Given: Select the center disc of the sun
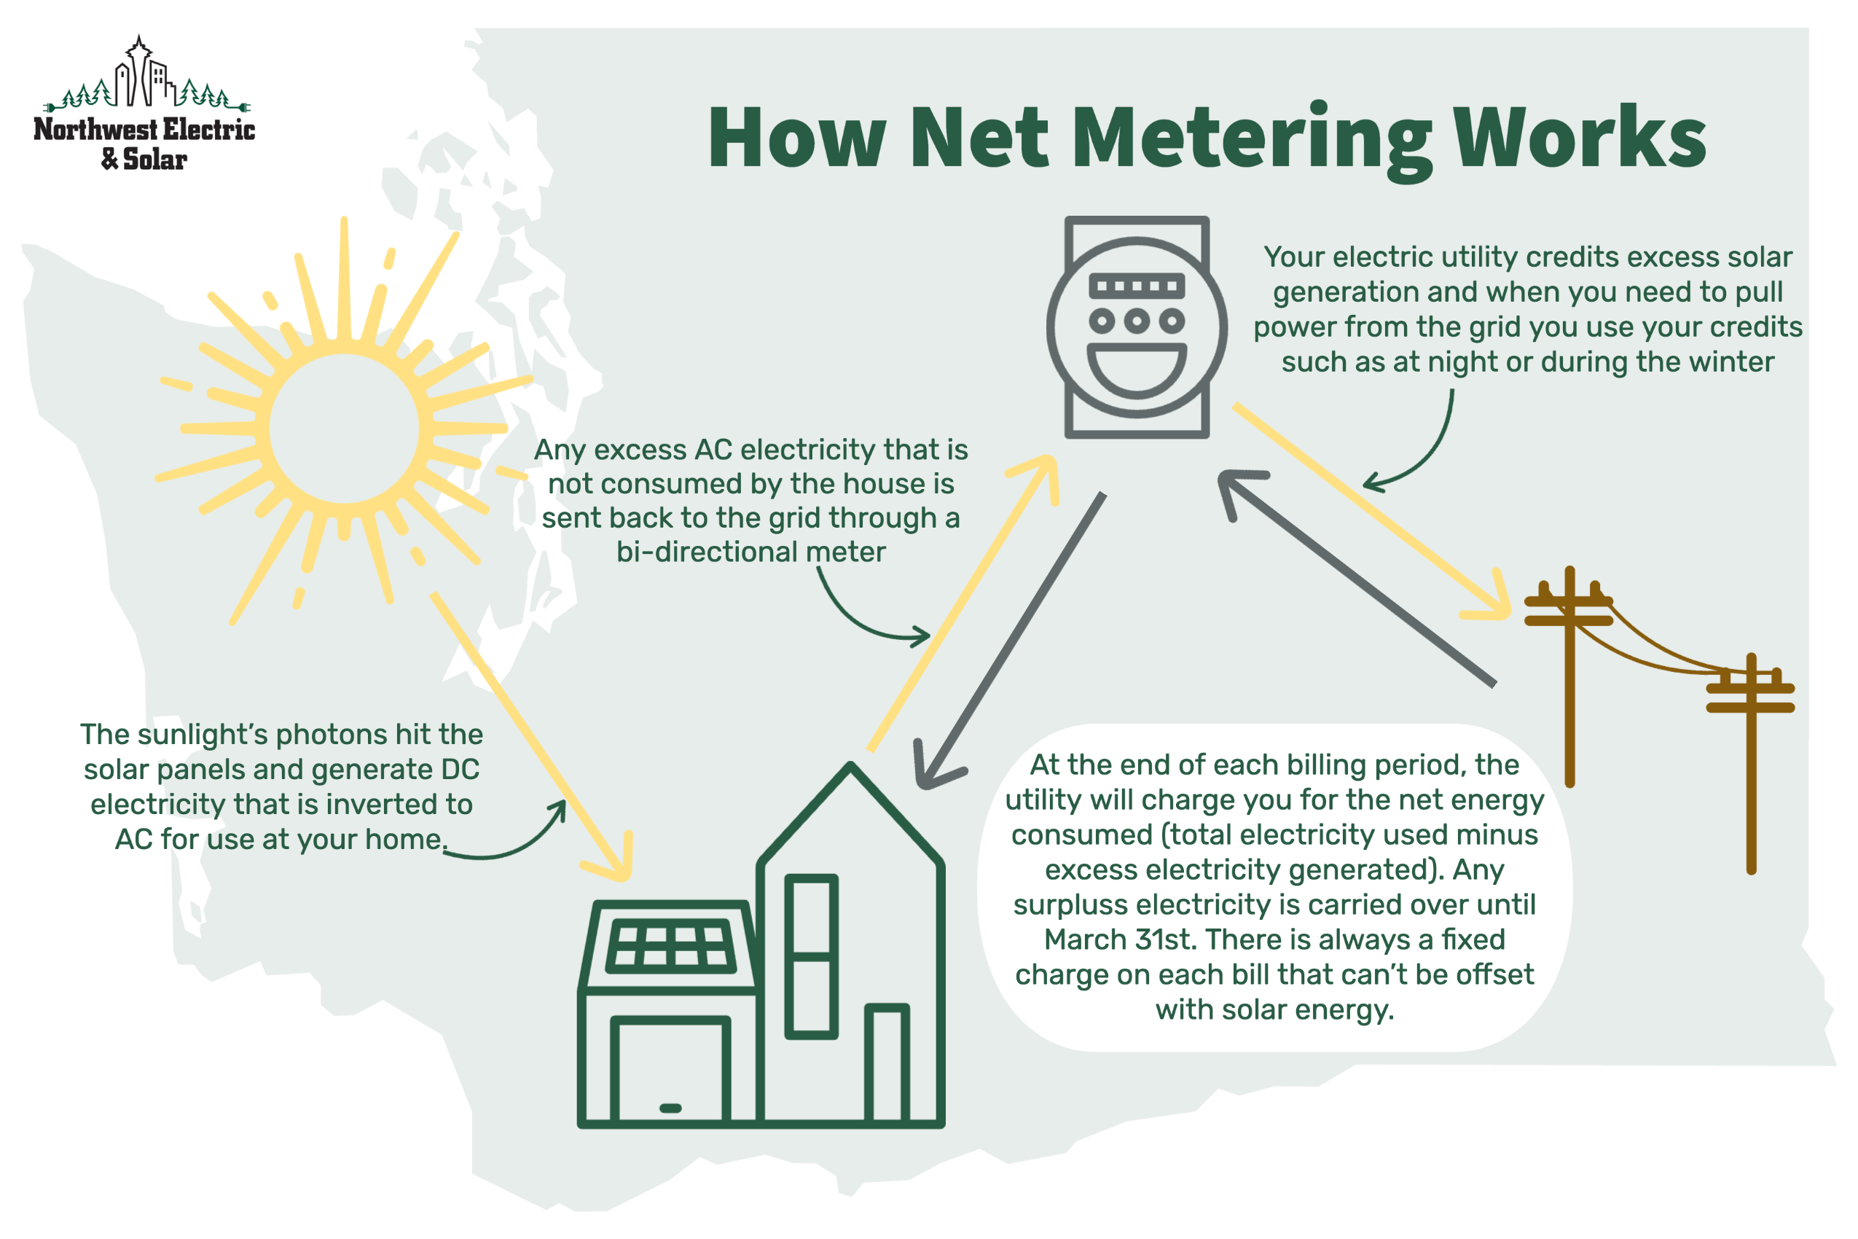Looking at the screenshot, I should coord(344,428).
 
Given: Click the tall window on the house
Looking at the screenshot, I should coord(810,956).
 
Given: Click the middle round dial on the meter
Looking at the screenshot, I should coord(1136,321).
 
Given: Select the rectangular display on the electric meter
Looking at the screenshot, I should coord(1136,285).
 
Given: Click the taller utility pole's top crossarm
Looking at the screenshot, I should coord(1568,601).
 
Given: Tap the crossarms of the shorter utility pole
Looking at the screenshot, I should coord(1751,696).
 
